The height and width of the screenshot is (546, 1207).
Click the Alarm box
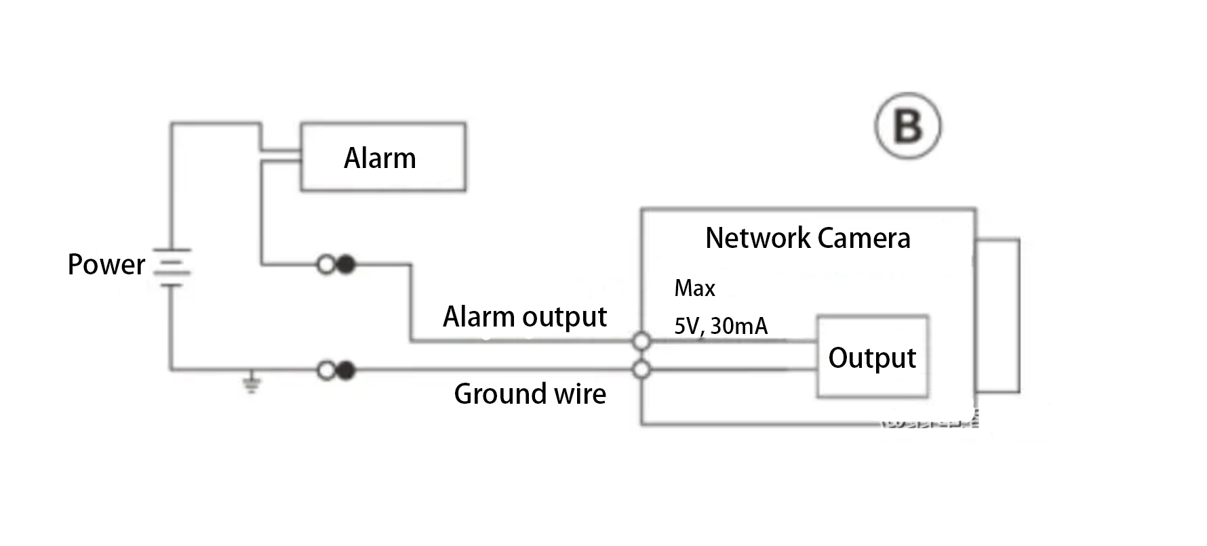tap(383, 157)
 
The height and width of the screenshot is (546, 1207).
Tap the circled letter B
tap(907, 126)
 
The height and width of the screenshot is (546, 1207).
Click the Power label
tap(106, 264)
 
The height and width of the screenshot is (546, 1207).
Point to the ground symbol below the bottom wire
tap(252, 384)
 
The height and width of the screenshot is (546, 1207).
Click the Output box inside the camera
tap(872, 357)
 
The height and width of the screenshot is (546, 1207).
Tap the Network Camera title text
tap(807, 238)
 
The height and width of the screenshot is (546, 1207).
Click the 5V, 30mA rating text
tap(720, 326)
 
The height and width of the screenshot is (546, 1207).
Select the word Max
tap(694, 289)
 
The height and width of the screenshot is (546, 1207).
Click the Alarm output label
tap(524, 316)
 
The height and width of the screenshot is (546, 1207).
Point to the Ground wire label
tap(530, 394)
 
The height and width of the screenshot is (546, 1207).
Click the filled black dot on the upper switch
tap(346, 264)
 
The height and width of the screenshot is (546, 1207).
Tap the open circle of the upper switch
tap(326, 264)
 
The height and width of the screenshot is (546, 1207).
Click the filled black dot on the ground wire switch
tap(346, 371)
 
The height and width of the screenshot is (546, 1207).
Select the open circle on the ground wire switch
tap(326, 371)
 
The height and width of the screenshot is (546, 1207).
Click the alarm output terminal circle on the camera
tap(641, 341)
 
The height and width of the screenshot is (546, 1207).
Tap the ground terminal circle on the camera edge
tap(641, 370)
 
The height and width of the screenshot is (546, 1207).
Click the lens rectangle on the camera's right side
tap(997, 316)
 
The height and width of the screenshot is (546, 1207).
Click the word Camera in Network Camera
tap(864, 238)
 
